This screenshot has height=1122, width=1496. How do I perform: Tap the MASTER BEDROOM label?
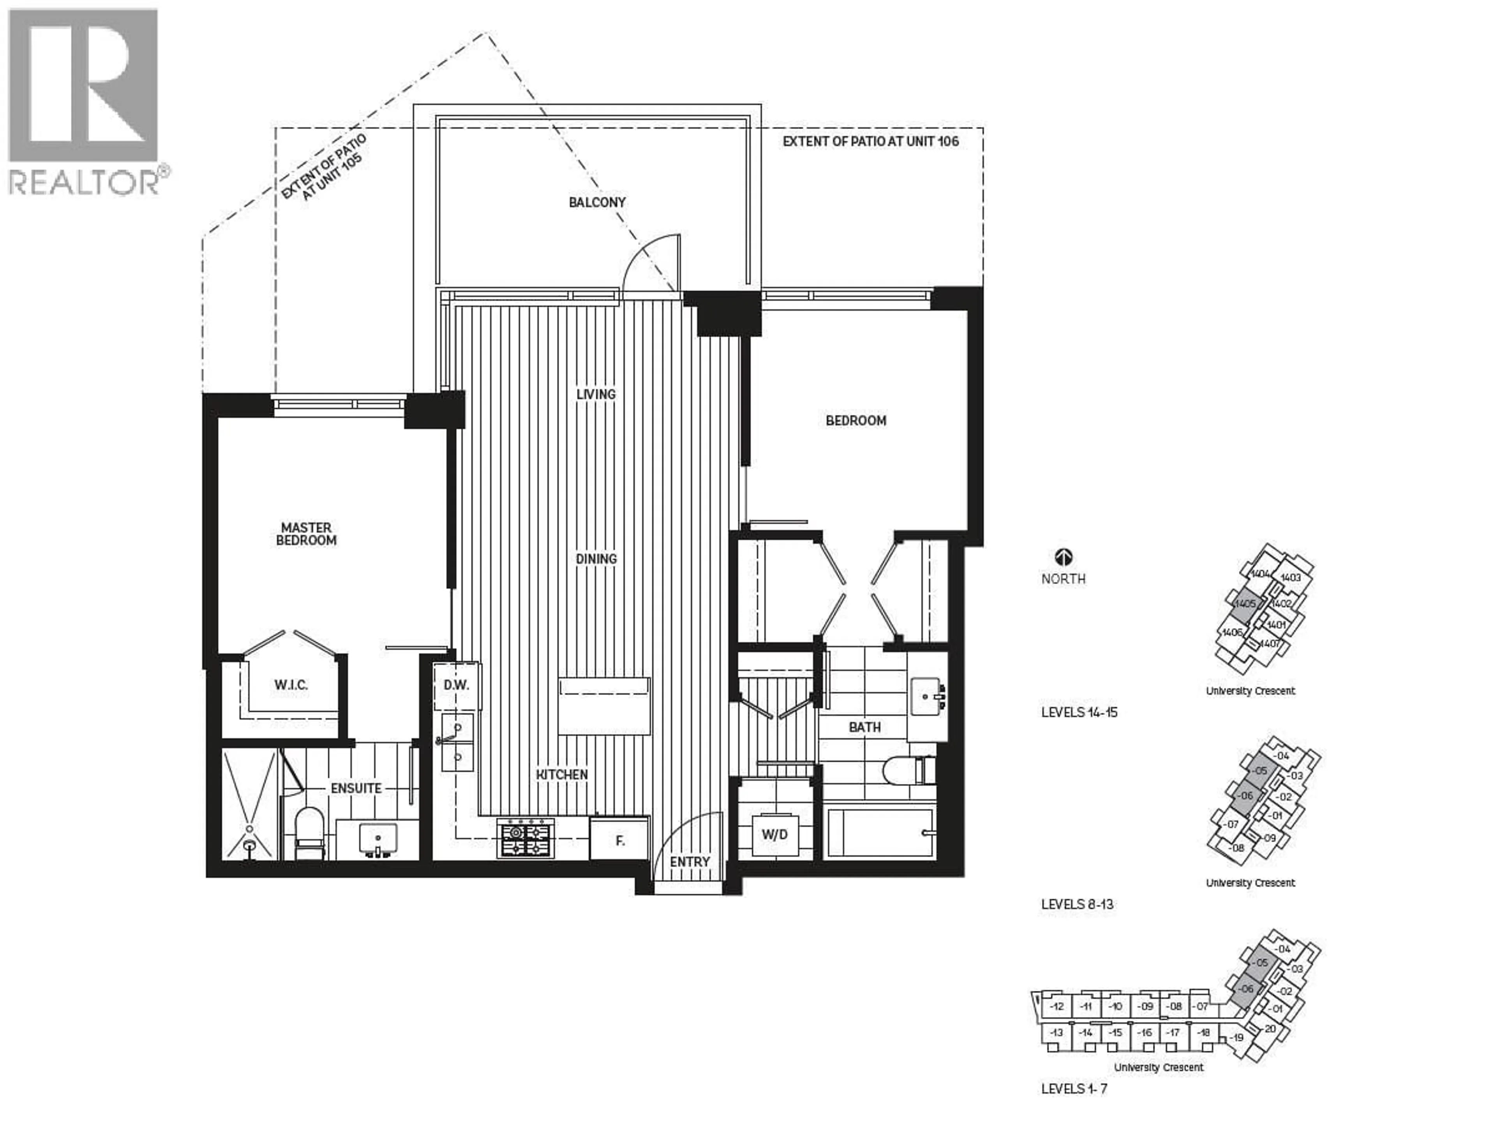[306, 534]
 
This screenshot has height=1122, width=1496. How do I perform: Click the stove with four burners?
[526, 839]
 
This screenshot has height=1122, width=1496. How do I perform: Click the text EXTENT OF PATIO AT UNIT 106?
[870, 141]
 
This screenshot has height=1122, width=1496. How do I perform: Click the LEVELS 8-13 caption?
[1077, 904]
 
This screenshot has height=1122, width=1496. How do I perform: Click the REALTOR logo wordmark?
[85, 181]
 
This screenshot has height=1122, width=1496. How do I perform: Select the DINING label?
[596, 559]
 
